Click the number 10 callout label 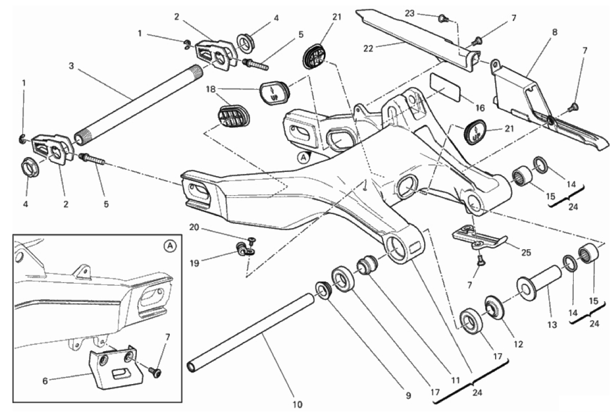pyautogui.click(x=297, y=404)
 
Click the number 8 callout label pyautogui.click(x=554, y=32)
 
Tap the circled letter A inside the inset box pyautogui.click(x=170, y=247)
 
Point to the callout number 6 pyautogui.click(x=46, y=381)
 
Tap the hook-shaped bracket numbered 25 pyautogui.click(x=479, y=236)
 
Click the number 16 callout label pyautogui.click(x=480, y=109)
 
